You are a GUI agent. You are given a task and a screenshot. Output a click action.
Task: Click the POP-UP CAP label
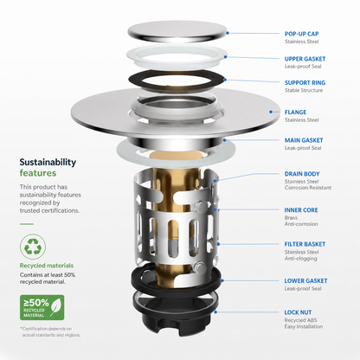coord(301,34)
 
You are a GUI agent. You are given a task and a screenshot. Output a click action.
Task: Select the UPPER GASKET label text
coord(305,59)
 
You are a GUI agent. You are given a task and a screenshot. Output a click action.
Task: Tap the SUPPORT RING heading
coord(305,83)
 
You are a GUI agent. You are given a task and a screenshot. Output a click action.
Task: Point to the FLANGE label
coord(295,112)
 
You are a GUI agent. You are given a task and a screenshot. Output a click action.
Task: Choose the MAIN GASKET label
coord(304,140)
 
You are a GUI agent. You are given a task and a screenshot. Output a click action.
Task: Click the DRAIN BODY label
coord(302,174)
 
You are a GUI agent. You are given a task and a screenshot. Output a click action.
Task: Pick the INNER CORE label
coord(301,210)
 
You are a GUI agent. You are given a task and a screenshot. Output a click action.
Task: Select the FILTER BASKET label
coord(305,244)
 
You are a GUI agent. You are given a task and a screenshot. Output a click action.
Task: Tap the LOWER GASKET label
coord(305,280)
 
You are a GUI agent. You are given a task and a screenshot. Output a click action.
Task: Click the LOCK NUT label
coord(298,312)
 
